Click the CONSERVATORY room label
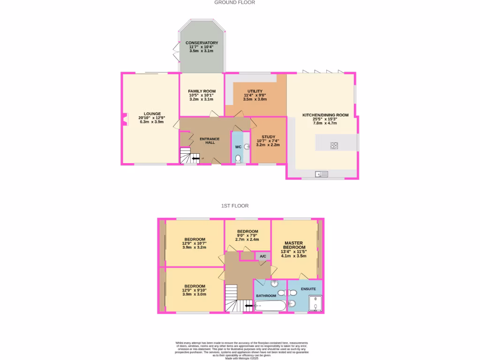202,43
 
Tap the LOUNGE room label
152,113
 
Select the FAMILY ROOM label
202,91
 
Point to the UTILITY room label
255,91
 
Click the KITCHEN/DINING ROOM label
326,115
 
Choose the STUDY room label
268,137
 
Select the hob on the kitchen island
335,145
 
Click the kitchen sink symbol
322,174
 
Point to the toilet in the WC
238,159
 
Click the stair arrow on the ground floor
195,159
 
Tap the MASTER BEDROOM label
293,245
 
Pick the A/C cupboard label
263,256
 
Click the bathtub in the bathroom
270,307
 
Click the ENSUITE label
308,289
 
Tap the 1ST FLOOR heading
235,206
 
